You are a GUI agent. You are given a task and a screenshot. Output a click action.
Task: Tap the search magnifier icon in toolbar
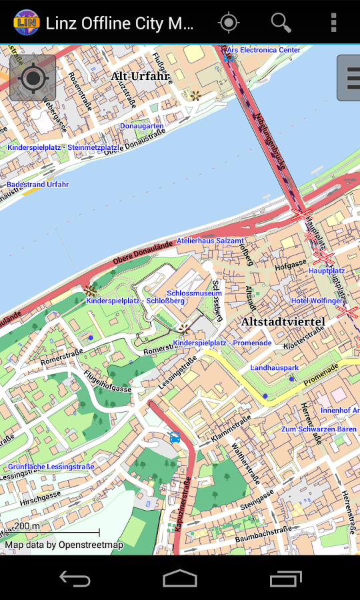tap(281, 23)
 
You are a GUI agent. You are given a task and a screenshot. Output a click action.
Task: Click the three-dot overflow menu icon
tap(333, 23)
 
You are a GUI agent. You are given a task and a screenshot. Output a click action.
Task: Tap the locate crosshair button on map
tap(33, 78)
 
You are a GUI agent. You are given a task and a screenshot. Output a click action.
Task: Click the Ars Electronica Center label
tap(263, 50)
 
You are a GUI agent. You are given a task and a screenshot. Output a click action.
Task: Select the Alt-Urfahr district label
tap(140, 76)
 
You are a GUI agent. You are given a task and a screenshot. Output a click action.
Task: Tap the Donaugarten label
tap(141, 126)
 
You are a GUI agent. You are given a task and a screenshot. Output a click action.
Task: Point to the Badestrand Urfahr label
tap(37, 184)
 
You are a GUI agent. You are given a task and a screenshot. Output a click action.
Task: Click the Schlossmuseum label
tap(194, 293)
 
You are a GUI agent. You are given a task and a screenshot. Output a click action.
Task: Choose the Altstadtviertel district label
tap(283, 322)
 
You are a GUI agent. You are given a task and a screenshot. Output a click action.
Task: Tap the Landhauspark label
tap(274, 367)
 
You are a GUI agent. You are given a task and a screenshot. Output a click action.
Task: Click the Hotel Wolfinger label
tap(317, 301)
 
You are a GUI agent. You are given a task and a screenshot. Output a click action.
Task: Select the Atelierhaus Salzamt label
tap(210, 241)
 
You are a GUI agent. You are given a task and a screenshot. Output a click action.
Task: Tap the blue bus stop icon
tap(175, 438)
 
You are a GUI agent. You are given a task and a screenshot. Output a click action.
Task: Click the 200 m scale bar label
tap(27, 526)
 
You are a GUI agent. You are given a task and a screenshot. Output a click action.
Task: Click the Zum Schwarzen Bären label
tap(319, 429)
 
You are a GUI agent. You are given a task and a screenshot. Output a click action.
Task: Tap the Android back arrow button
tap(75, 578)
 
